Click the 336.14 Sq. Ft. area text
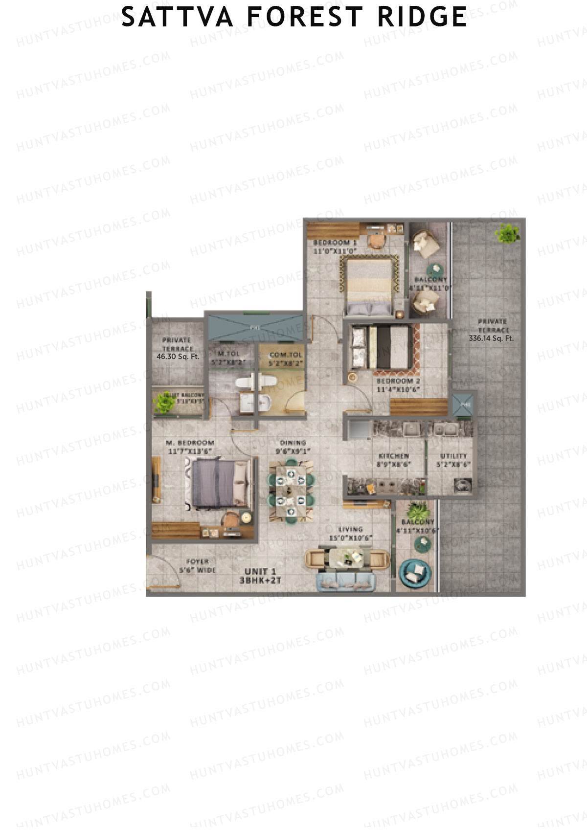pyautogui.click(x=491, y=338)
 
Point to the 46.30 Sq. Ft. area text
pyautogui.click(x=178, y=357)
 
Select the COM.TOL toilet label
pyautogui.click(x=286, y=355)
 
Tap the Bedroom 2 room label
pyautogui.click(x=398, y=381)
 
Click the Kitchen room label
pyautogui.click(x=394, y=456)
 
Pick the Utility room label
pyautogui.click(x=453, y=456)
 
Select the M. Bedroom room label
pyautogui.click(x=190, y=443)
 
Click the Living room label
pyautogui.click(x=350, y=529)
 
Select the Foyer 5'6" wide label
pyautogui.click(x=197, y=565)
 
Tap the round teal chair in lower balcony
pyautogui.click(x=415, y=573)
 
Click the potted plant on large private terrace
pyautogui.click(x=507, y=233)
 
